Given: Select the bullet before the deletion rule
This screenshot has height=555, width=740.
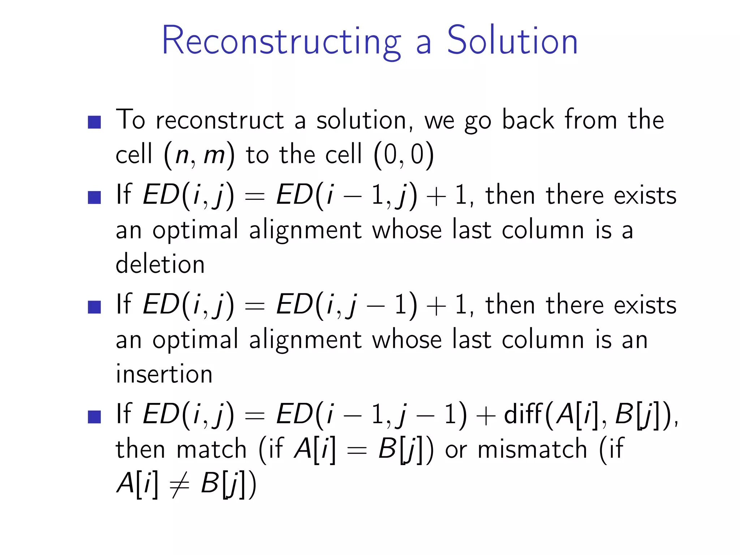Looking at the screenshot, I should [x=94, y=197].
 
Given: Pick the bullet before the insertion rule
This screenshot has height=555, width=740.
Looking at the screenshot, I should [x=94, y=307].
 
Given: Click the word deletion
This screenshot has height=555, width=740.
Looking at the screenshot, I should [x=160, y=263].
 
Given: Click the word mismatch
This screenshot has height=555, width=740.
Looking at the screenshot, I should [x=532, y=449].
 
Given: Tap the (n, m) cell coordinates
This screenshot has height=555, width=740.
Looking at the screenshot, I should [x=199, y=155].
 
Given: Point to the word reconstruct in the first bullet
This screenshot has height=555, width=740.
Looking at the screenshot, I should [x=220, y=120].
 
